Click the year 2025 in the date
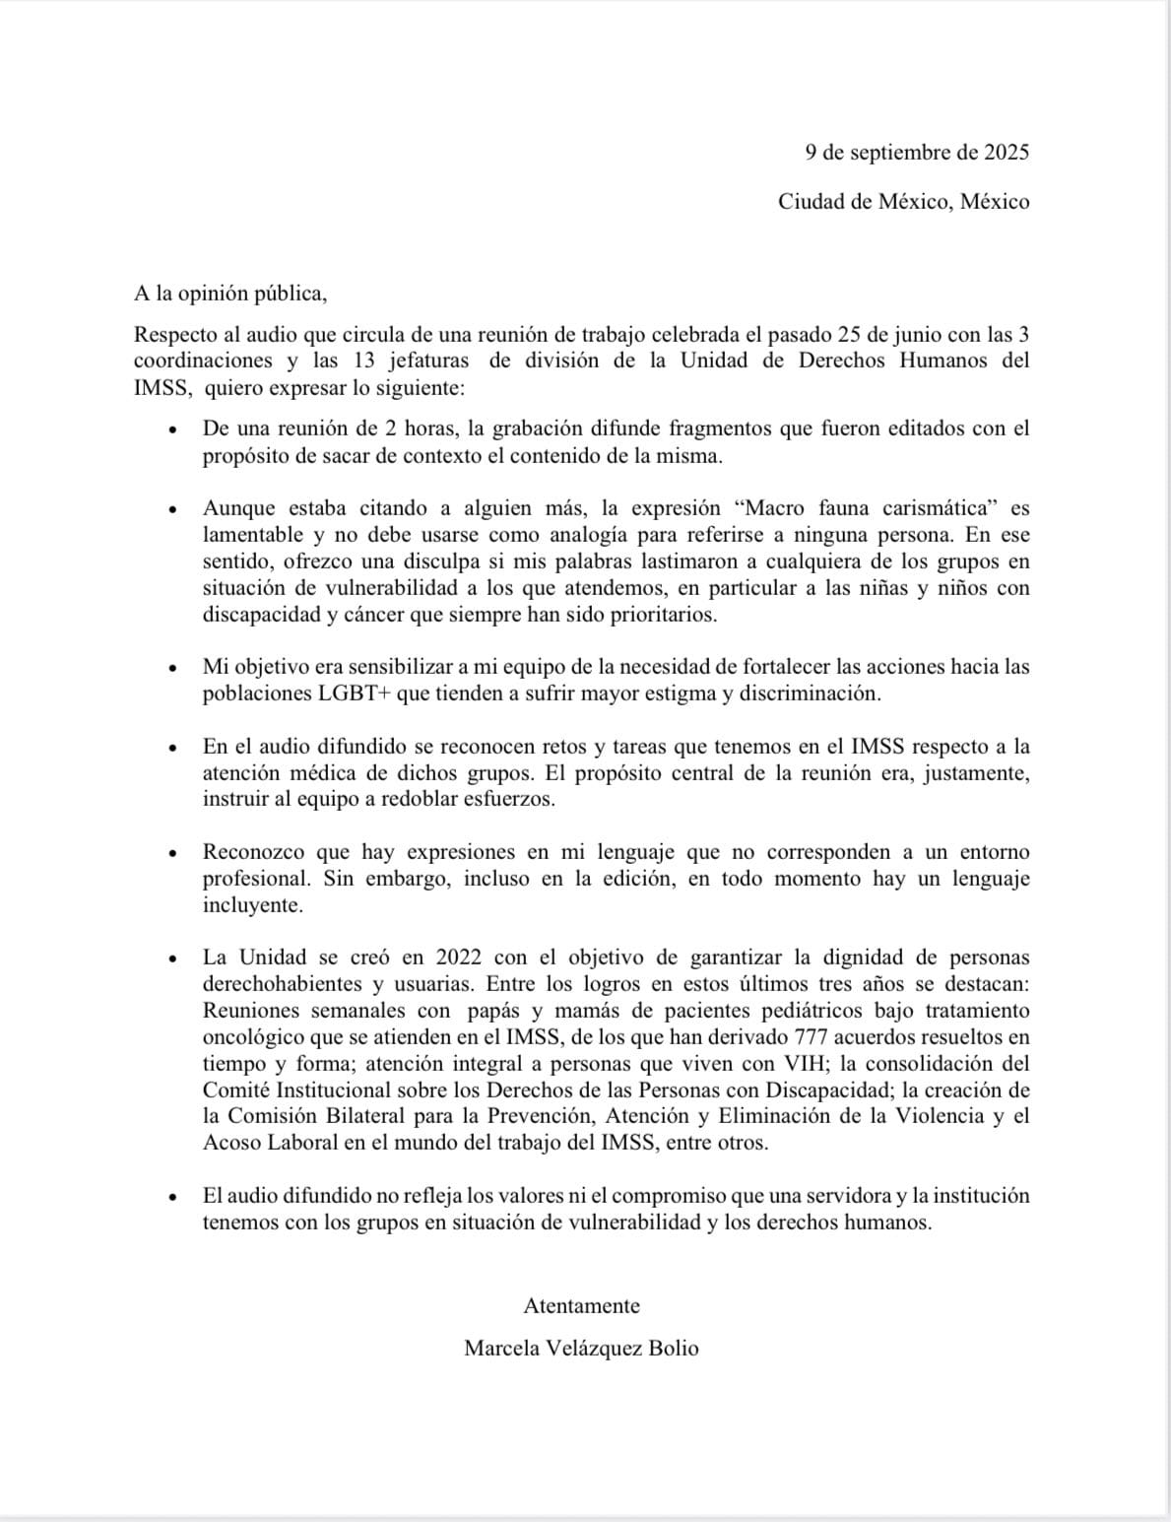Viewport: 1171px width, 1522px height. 1005,153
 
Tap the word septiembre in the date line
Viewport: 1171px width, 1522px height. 897,153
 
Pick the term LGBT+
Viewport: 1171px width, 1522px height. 354,694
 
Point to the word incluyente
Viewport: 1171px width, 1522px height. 253,905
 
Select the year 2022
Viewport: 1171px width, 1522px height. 458,958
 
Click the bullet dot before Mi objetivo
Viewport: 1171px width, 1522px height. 172,669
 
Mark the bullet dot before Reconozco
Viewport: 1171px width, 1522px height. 172,854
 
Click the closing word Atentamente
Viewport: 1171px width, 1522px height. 581,1306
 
